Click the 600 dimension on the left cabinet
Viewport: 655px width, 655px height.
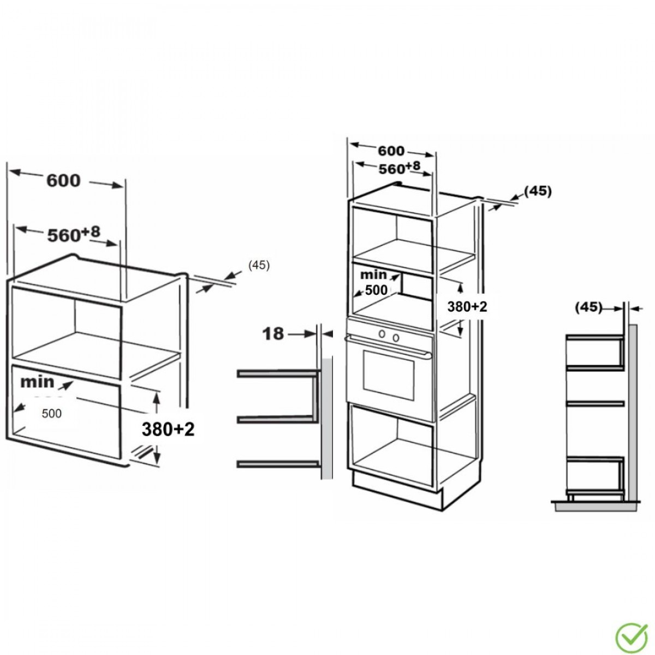[x=63, y=181]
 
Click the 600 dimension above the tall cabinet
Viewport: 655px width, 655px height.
[x=391, y=151]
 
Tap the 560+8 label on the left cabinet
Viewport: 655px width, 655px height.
[x=74, y=234]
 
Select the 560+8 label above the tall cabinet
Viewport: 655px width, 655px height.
[x=400, y=168]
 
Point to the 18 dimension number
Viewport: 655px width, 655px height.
[x=273, y=334]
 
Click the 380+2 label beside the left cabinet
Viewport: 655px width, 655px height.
[x=168, y=429]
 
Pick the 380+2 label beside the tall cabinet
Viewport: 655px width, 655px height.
[x=467, y=307]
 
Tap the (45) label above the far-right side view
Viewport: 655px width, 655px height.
[x=588, y=307]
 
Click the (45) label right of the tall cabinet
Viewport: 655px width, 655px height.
[x=538, y=192]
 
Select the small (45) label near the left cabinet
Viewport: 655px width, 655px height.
[x=259, y=265]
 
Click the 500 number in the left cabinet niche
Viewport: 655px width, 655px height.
[x=52, y=413]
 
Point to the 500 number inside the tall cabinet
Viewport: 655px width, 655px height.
[x=376, y=290]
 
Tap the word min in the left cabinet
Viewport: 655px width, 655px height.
[x=38, y=382]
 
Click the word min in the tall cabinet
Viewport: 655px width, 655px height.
[x=373, y=275]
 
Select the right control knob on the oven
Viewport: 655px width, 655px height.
[x=395, y=337]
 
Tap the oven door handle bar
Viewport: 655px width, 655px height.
[x=388, y=347]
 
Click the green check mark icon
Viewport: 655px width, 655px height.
[x=631, y=634]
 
